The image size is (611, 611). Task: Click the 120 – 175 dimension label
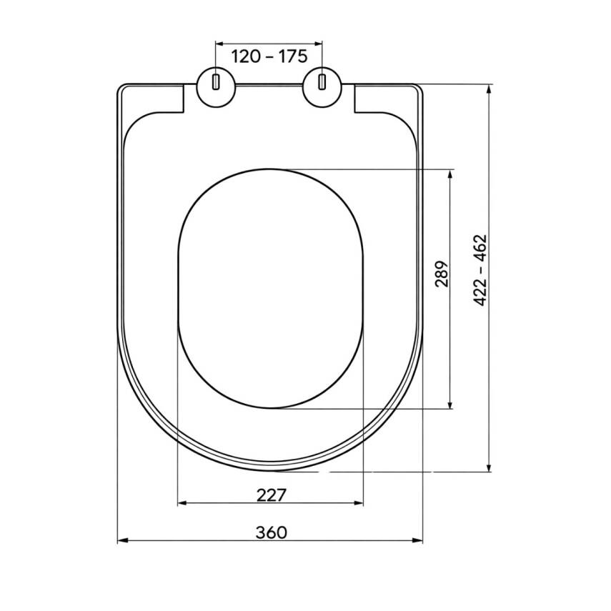269,57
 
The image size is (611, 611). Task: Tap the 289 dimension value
442,274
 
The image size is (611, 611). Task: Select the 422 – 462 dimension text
480,270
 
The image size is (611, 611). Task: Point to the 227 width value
272,495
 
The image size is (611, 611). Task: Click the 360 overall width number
272,532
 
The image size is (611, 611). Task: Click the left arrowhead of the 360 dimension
122,540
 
